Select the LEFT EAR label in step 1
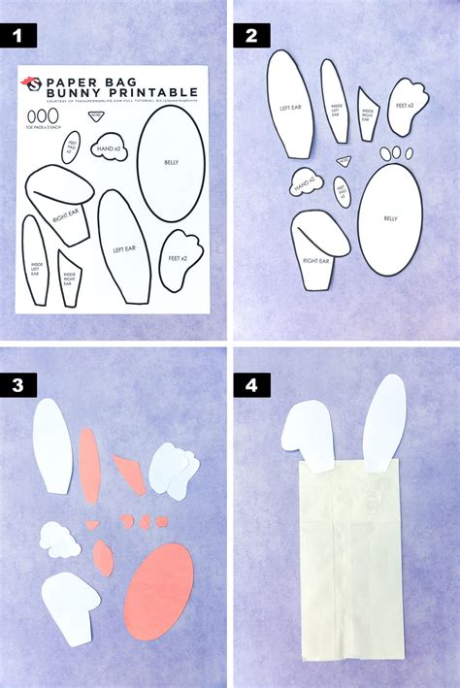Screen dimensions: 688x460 123,249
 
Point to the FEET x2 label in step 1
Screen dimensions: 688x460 177,261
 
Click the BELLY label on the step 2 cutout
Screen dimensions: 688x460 390,219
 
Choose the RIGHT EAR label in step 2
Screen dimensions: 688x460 316,259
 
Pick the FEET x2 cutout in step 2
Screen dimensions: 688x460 408,105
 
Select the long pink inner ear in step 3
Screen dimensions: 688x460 89,466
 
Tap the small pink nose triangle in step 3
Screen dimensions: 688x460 92,524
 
